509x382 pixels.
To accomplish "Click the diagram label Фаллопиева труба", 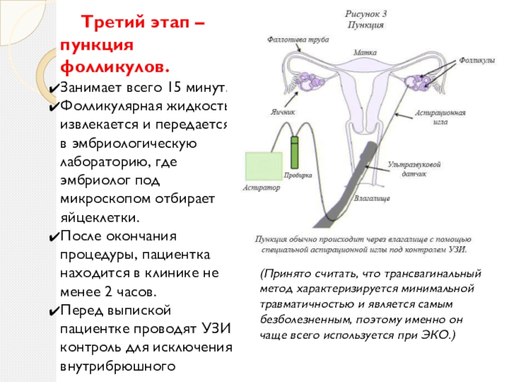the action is pos(296,39).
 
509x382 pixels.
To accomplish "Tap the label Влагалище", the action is pos(372,199).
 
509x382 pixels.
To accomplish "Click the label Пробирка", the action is pos(298,175).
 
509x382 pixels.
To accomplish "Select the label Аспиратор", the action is pos(261,188).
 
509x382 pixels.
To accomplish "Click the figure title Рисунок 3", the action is pos(365,13).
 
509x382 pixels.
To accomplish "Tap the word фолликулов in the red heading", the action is pos(115,66).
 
